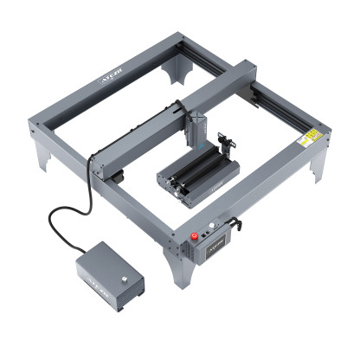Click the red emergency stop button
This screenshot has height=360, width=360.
coord(197,235)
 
